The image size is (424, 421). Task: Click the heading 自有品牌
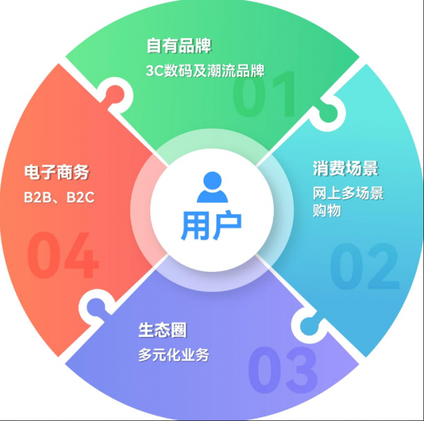pos(179,46)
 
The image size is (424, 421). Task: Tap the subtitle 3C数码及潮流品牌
pos(205,71)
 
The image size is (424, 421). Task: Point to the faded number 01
pos(264,94)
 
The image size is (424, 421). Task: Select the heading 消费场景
pos(346,168)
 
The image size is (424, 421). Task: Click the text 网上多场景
pos(348,193)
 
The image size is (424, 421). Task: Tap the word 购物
pos(327,210)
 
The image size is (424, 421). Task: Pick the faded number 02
pos(365,266)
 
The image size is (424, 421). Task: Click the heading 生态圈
pos(162,330)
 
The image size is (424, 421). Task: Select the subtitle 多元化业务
pos(174,355)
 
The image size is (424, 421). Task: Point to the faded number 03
pos(283,370)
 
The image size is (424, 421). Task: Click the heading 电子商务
pos(57,172)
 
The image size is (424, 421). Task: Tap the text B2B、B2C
pos(59,197)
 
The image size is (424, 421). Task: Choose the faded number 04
pos(63,255)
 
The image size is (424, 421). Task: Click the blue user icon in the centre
pos(212,187)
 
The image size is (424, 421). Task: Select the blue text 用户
pos(211,225)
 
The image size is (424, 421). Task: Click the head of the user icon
pos(212,181)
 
